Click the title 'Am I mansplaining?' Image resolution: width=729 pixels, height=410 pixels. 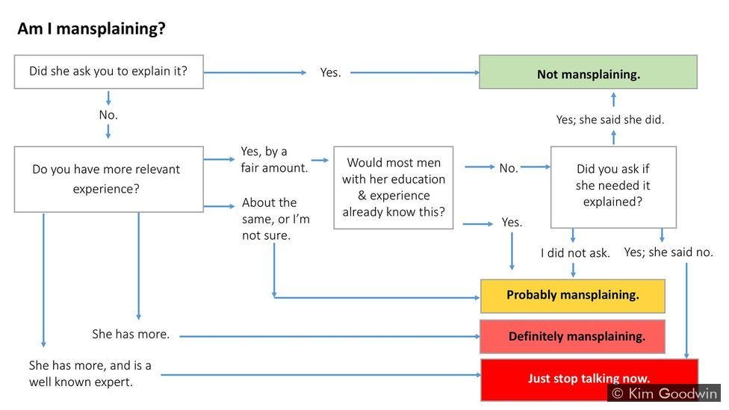point(91,29)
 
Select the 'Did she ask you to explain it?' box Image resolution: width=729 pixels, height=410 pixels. point(108,72)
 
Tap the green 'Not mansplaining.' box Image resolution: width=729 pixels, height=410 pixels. point(588,72)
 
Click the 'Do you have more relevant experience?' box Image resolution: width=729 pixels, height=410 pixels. point(108,179)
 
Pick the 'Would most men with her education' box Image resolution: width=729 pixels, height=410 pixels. point(394,187)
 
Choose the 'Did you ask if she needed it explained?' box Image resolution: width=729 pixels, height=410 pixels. point(612,186)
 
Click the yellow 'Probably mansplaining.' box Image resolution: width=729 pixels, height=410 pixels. point(572,296)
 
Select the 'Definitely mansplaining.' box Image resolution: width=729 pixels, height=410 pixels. point(572,337)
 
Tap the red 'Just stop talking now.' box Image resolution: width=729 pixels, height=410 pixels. point(589,379)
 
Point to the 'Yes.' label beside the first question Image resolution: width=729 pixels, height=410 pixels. point(330,72)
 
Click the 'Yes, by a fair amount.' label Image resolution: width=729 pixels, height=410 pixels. point(273,160)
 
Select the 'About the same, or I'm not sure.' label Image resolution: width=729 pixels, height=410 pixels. point(276,219)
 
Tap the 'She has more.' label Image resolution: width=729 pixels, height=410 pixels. point(131,335)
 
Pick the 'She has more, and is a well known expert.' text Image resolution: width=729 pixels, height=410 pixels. point(90,373)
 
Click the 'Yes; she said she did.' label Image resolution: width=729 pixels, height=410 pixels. point(609,119)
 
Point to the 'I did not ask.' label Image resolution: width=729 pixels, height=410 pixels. point(575,253)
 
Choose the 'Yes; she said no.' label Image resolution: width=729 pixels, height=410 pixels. point(668,252)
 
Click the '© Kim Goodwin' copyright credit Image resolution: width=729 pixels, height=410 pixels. point(663,394)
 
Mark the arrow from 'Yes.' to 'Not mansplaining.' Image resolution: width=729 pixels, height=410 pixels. point(415,72)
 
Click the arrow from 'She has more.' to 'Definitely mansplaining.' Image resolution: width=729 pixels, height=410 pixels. point(329,336)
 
